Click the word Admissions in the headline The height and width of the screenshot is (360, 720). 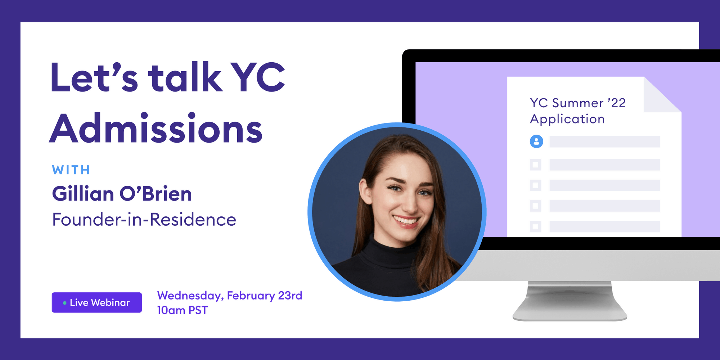(156, 129)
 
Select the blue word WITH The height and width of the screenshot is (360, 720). (71, 170)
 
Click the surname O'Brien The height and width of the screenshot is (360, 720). (156, 194)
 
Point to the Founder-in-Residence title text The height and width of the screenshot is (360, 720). (144, 220)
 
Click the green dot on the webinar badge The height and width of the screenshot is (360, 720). (64, 303)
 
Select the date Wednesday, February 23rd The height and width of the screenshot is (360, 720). (229, 296)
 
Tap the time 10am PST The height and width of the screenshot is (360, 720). (182, 310)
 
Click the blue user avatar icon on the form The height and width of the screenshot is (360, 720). (536, 141)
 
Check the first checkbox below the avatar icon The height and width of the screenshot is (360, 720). (535, 165)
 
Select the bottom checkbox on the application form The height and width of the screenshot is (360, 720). (535, 226)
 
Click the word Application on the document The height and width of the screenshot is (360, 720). (567, 119)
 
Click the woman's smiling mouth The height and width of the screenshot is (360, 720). (406, 220)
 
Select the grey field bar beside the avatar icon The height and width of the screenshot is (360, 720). (604, 141)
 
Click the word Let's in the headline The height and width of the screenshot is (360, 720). (94, 77)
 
